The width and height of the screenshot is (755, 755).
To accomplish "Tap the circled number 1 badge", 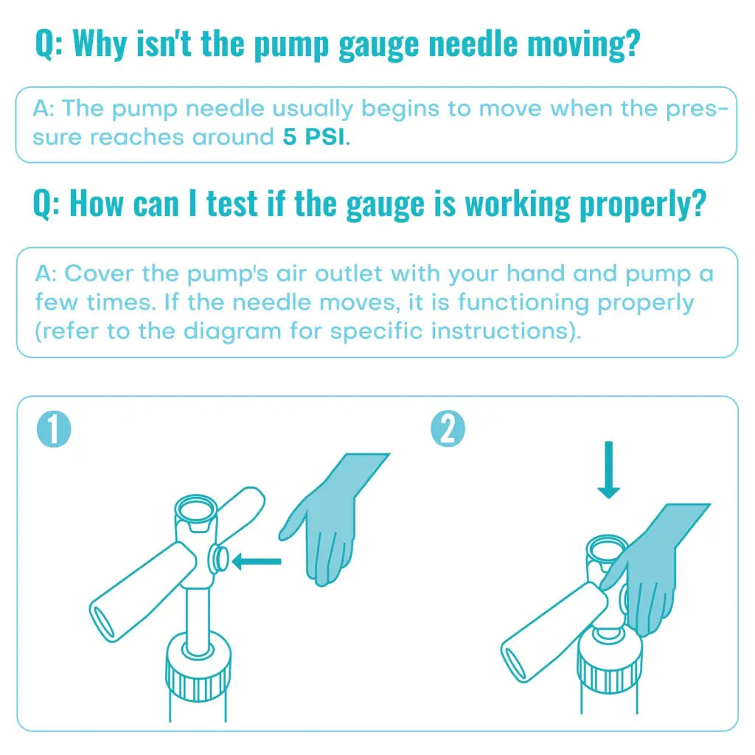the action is point(54,429).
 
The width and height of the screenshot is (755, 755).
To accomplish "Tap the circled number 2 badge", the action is point(448,429).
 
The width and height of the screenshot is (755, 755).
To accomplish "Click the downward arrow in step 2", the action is point(608,470).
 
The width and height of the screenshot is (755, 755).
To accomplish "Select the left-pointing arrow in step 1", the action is point(257,561).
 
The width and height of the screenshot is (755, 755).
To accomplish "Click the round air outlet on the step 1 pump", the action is point(218,559).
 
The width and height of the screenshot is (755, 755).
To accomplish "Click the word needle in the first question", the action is point(473,44).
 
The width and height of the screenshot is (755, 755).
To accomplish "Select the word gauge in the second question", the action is point(386,205).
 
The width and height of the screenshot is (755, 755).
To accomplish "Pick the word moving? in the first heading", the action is point(584,45).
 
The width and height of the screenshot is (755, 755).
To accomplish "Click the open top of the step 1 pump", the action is point(195,508).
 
